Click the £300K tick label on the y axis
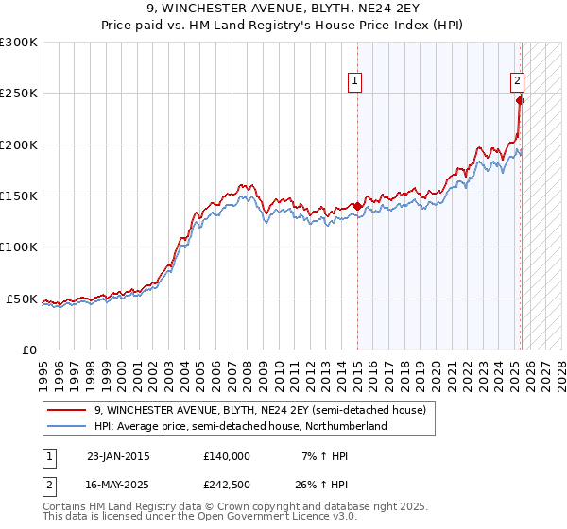pyautogui.click(x=19, y=43)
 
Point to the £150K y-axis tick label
pyautogui.click(x=19, y=196)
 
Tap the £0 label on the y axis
pyautogui.click(x=28, y=350)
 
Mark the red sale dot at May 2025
pyautogui.click(x=521, y=100)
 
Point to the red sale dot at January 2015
pyautogui.click(x=358, y=206)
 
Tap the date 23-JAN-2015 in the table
pyautogui.click(x=118, y=456)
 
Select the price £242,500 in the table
pyautogui.click(x=226, y=486)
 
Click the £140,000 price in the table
pyautogui.click(x=226, y=456)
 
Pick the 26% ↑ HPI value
pyautogui.click(x=320, y=486)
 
